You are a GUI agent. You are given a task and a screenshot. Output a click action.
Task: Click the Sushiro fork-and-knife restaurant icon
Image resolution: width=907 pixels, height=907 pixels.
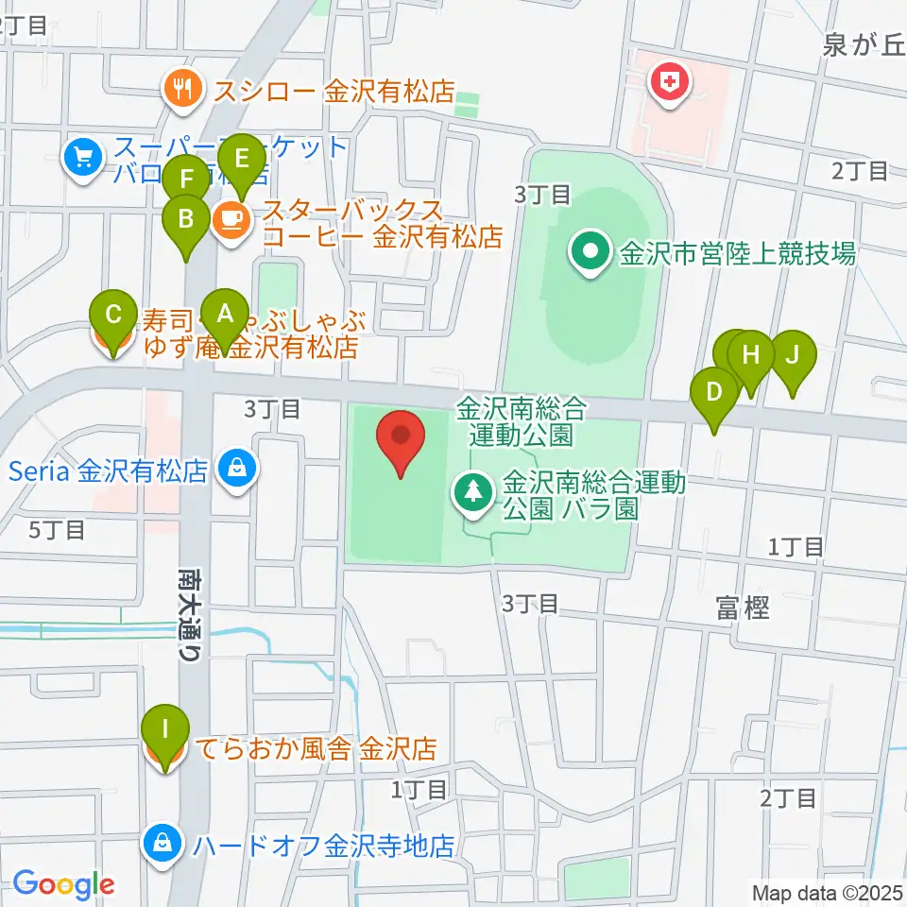pos(181,90)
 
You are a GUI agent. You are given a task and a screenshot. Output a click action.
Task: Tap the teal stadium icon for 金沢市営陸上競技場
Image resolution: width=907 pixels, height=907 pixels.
pos(590,253)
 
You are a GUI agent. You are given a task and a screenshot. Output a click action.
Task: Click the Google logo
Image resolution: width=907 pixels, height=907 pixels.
pos(63,884)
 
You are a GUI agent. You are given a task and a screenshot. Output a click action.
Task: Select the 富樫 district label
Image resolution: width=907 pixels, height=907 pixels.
pos(742,608)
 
